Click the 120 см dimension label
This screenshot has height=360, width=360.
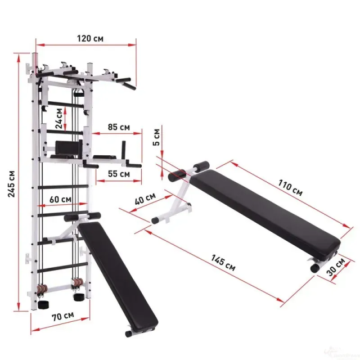pos(90,38)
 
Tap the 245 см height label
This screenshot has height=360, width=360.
pos(11,184)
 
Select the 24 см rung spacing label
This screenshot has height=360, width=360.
pos(59,118)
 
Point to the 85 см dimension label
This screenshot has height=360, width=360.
pos(119,127)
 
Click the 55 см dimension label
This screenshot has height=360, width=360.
pos(119,174)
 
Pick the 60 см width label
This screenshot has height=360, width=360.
pos(60,199)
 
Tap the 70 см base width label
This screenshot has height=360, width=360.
pos(63,316)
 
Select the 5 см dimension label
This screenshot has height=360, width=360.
pos(156,137)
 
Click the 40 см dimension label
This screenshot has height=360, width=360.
pos(145,199)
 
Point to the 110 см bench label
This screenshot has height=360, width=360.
pos(290,187)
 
